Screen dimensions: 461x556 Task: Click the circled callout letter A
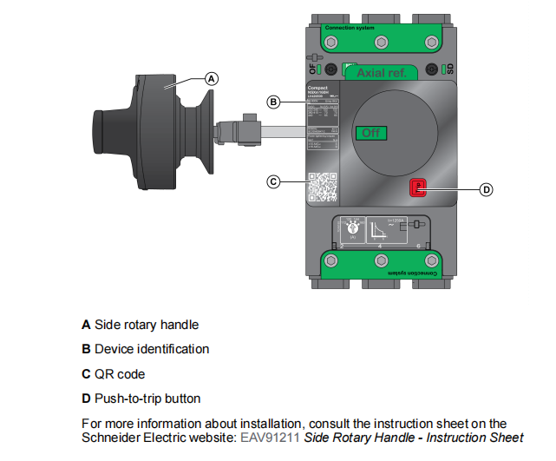point(211,78)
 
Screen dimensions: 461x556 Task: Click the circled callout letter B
point(273,102)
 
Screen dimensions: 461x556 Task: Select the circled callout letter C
point(273,181)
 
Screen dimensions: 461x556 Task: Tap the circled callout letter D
point(487,188)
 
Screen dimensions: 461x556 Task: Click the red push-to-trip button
point(418,188)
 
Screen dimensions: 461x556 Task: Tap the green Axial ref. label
point(388,73)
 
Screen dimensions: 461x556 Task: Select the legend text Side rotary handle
point(147,325)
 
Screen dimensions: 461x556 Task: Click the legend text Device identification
point(152,349)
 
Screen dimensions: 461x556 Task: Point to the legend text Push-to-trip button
point(147,398)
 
